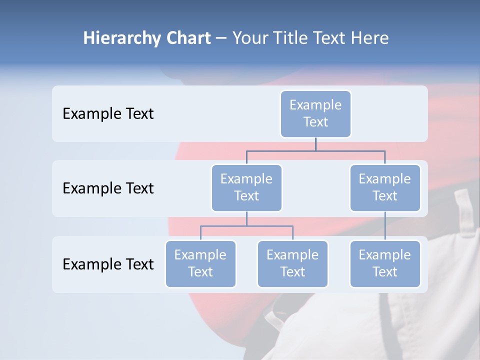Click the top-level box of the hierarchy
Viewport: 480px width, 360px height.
[315, 114]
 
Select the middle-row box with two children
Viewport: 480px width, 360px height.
[246, 187]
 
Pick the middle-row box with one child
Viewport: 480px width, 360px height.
[384, 187]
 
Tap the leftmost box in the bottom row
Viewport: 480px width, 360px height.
[200, 263]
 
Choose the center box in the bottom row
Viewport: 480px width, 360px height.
[292, 263]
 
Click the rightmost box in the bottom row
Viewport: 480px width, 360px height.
[384, 263]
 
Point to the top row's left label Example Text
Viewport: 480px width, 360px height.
[108, 114]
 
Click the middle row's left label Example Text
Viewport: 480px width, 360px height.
[108, 188]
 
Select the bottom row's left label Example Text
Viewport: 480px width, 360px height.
[108, 264]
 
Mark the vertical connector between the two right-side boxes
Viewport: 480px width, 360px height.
[384, 226]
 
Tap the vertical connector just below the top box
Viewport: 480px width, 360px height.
[315, 144]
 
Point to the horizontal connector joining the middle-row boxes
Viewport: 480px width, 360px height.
[315, 150]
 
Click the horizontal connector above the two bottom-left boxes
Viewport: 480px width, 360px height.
[246, 226]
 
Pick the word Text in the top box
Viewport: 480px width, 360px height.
[315, 122]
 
